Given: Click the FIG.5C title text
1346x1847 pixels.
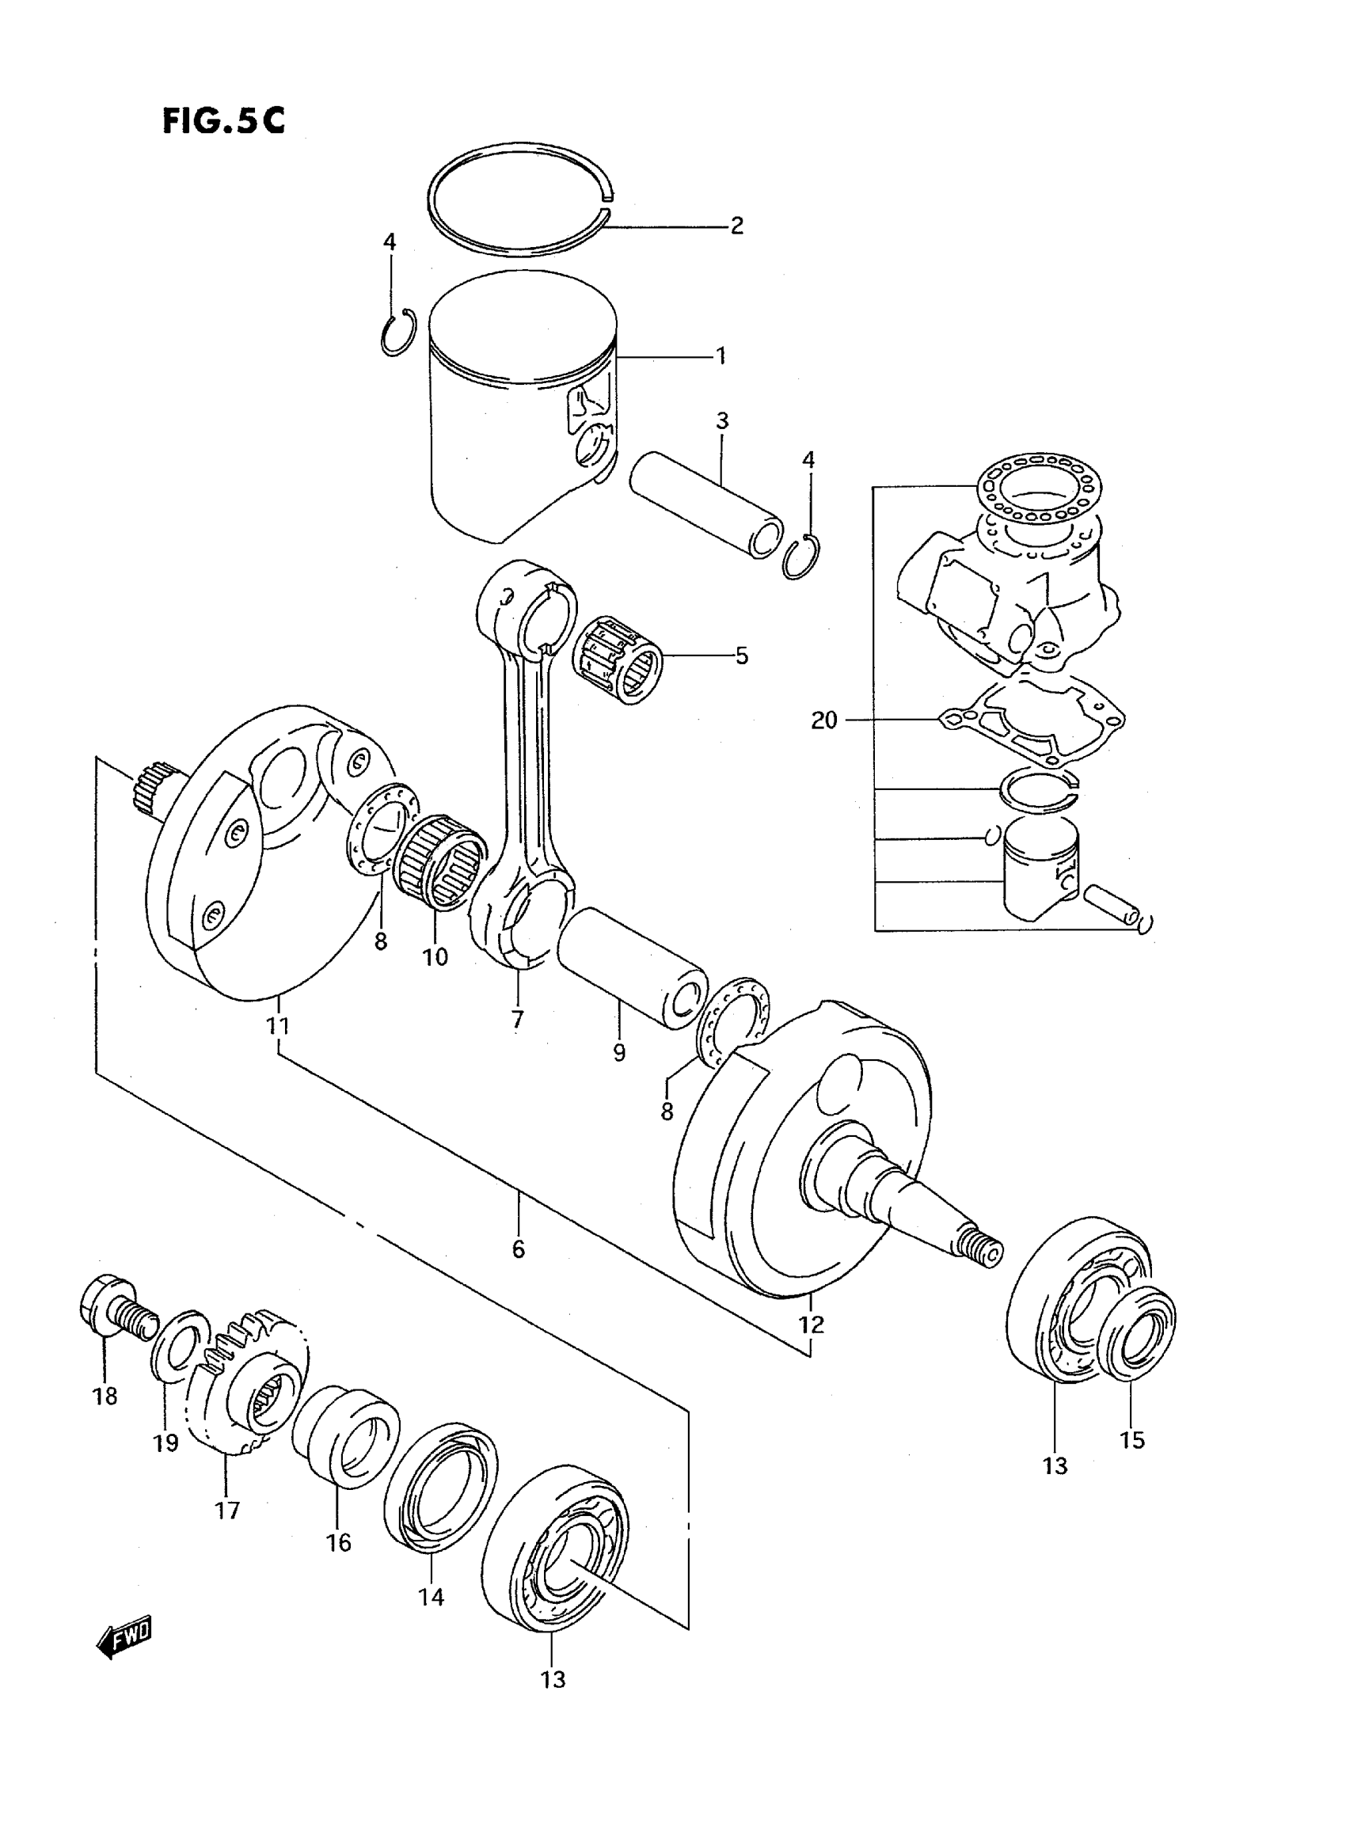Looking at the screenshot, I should (x=223, y=120).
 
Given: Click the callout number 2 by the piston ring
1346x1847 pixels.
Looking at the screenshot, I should (x=736, y=225).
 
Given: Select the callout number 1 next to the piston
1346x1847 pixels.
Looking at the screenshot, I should (x=721, y=355).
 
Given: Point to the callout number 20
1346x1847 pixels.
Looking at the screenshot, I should (x=823, y=720).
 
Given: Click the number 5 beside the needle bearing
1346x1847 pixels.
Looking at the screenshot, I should (x=740, y=655).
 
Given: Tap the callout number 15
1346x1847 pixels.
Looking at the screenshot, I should (x=1131, y=1439).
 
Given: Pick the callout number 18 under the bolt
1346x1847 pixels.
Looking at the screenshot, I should (x=105, y=1397).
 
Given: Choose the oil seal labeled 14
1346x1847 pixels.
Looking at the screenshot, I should (x=440, y=1490).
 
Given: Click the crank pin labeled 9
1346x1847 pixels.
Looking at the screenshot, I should (x=632, y=971).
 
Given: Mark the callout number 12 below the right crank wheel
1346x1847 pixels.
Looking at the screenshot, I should (x=812, y=1324).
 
